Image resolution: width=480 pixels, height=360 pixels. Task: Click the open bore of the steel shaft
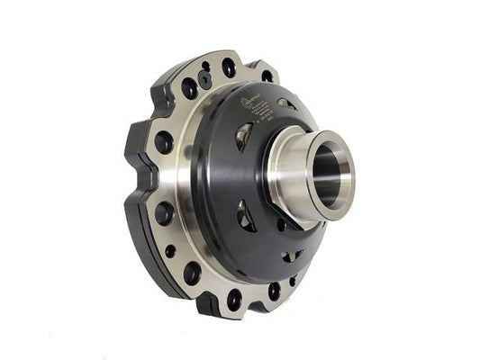point(329,175)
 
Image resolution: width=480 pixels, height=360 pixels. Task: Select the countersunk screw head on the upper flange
point(206,78)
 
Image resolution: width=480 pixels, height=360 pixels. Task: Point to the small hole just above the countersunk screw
point(206,66)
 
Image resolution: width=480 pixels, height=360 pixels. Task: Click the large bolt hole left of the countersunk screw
point(189,88)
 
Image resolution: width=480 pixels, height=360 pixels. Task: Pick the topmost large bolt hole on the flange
point(229,67)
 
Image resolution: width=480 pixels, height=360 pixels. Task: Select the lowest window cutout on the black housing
point(290,257)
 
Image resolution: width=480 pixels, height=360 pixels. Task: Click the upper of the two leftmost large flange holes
point(163,142)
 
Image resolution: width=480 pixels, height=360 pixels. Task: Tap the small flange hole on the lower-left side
point(170,251)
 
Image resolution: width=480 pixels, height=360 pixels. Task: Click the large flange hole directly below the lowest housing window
point(274,291)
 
